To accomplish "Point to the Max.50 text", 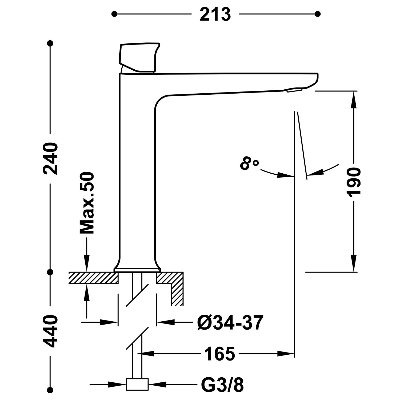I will click(x=87, y=203).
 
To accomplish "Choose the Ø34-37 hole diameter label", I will click(x=230, y=322).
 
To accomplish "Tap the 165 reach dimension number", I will click(x=219, y=354).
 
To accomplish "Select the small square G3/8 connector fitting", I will click(x=137, y=385).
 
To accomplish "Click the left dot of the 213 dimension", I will click(x=114, y=14).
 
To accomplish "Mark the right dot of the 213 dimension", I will click(x=317, y=14).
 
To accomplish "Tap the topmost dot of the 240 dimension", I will click(x=50, y=43).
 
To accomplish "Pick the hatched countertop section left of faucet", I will click(x=93, y=278).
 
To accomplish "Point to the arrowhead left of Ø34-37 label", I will click(x=165, y=322).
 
